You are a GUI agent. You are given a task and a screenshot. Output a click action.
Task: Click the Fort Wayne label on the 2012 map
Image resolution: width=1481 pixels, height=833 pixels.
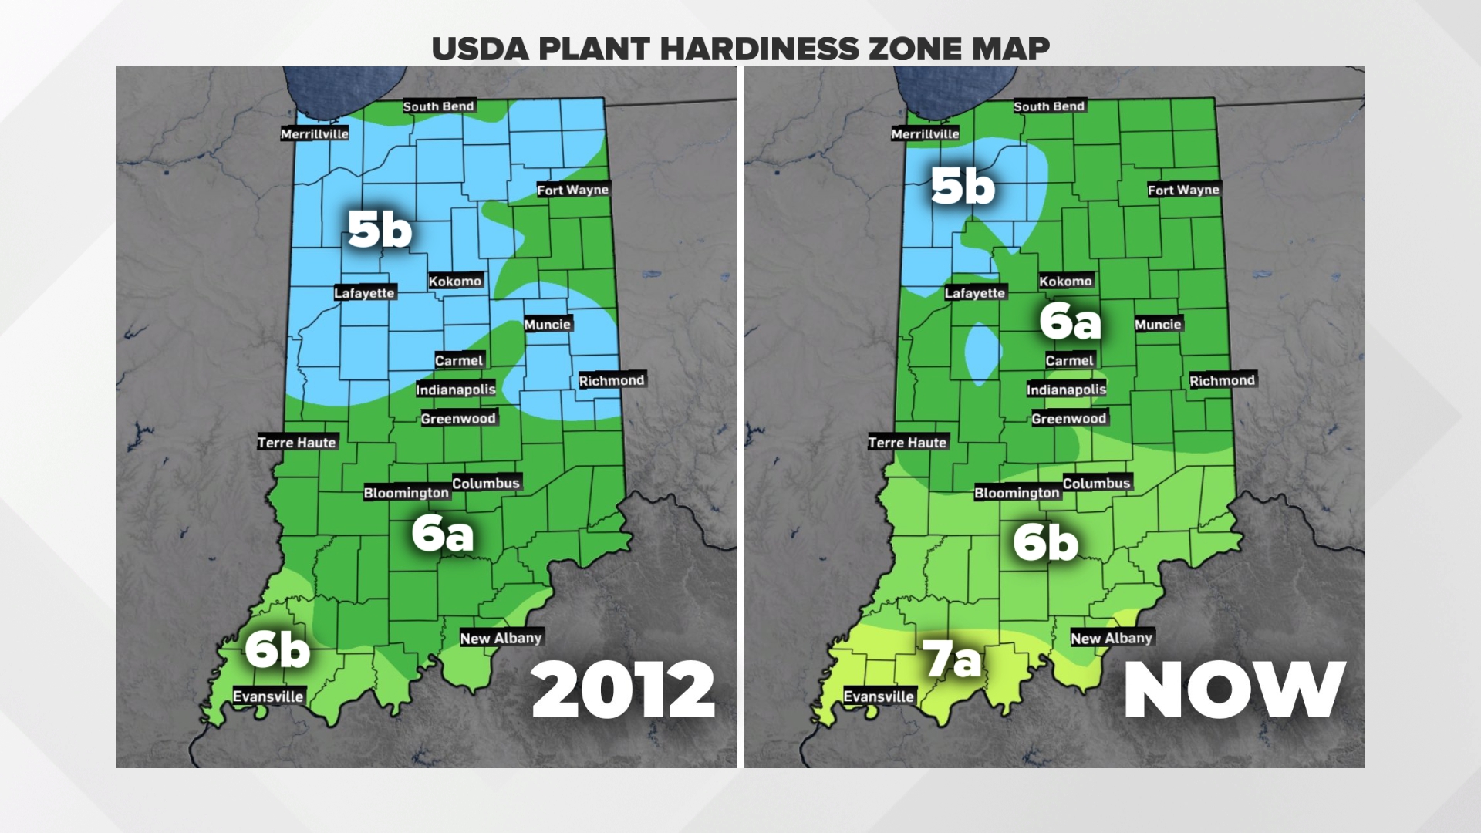pyautogui.click(x=572, y=190)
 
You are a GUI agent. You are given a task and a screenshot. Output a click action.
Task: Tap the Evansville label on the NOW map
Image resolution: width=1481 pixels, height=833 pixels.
pyautogui.click(x=879, y=696)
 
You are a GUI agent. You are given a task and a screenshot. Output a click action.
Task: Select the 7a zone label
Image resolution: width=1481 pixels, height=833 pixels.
pyautogui.click(x=953, y=661)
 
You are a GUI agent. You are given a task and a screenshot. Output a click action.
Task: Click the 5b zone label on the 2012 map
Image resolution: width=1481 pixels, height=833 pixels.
pyautogui.click(x=380, y=230)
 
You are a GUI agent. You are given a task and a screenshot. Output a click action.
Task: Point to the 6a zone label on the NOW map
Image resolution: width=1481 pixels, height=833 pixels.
pyautogui.click(x=1070, y=321)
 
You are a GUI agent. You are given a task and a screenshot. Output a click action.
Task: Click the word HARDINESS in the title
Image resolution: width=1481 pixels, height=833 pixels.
pyautogui.click(x=759, y=49)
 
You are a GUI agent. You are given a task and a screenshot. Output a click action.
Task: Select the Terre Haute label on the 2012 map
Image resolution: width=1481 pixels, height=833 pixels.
pyautogui.click(x=297, y=443)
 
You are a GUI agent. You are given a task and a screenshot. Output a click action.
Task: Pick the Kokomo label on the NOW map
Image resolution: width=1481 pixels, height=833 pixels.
pyautogui.click(x=1065, y=282)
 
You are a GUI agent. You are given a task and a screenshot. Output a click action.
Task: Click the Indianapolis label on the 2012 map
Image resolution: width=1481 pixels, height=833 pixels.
pyautogui.click(x=456, y=390)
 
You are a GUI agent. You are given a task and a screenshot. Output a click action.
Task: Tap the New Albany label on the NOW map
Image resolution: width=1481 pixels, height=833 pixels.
pyautogui.click(x=1112, y=638)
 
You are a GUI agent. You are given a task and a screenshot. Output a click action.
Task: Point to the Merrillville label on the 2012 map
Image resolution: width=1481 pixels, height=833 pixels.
pyautogui.click(x=314, y=134)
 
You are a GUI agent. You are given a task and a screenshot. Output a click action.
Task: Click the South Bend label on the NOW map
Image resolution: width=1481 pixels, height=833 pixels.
pyautogui.click(x=1049, y=106)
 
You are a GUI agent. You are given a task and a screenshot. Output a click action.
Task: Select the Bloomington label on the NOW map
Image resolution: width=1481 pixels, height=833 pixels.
pyautogui.click(x=1017, y=493)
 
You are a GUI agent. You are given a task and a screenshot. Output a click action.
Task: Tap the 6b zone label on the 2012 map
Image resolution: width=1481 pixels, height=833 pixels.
pyautogui.click(x=278, y=650)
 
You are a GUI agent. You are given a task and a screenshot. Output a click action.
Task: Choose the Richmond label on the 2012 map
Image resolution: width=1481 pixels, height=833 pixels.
pyautogui.click(x=612, y=380)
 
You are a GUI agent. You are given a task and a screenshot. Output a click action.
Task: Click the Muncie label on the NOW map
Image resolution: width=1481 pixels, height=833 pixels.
pyautogui.click(x=1158, y=325)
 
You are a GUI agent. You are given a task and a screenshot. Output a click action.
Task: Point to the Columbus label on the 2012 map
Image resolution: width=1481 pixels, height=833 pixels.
pyautogui.click(x=486, y=484)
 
